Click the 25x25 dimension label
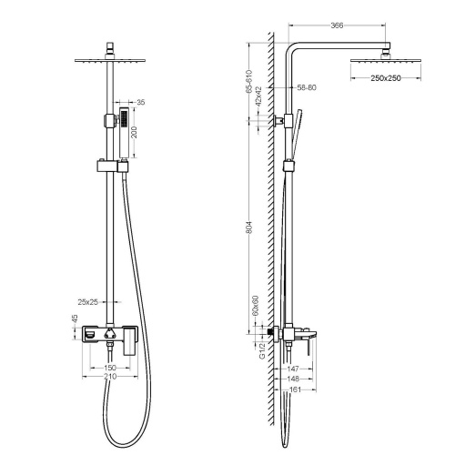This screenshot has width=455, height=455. (88, 301)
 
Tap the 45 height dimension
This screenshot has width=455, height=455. (75, 319)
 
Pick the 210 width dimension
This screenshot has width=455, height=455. (110, 375)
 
